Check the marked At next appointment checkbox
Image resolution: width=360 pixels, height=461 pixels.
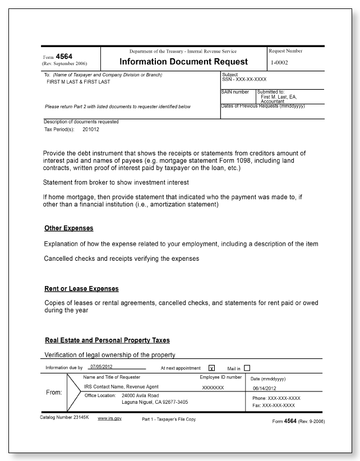click(211, 368)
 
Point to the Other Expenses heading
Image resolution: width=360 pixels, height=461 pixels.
click(68, 229)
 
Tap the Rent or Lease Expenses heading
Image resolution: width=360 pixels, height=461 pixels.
click(81, 289)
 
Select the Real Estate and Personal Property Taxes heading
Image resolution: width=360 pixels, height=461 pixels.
click(107, 340)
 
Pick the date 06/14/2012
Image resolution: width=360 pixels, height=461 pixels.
click(266, 387)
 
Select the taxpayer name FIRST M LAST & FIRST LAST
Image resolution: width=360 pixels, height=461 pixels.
click(78, 82)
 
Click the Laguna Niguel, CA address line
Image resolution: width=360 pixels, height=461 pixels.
click(155, 402)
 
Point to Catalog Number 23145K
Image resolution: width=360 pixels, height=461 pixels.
click(63, 418)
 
